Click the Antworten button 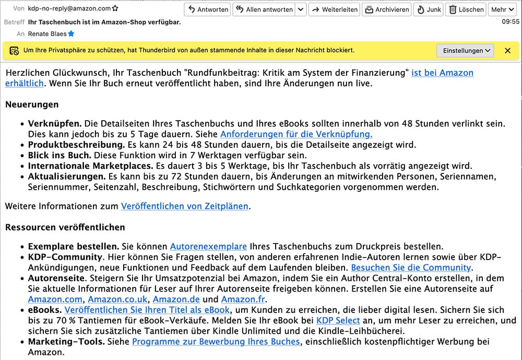pos(208,9)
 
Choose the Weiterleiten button pos(335,9)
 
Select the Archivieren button pos(387,9)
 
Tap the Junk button pos(429,9)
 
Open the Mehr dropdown pos(502,9)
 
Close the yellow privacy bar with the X pos(507,50)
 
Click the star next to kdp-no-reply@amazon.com pos(115,9)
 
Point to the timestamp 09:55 pos(511,22)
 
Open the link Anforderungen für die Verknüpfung pos(296,134)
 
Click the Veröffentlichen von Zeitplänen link pos(185,206)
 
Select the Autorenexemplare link pos(208,246)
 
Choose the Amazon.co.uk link pos(117,299)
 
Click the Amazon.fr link pos(243,299)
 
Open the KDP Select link pos(338,320)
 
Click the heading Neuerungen pos(32,104)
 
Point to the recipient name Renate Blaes pos(47,34)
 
